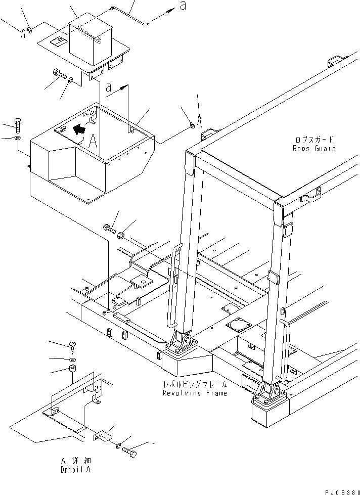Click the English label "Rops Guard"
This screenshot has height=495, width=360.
point(314,148)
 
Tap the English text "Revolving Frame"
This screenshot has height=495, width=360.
point(195,393)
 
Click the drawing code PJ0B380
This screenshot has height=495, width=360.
point(342,492)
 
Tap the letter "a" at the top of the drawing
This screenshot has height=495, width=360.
point(183,6)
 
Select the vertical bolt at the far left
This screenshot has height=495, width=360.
point(18,125)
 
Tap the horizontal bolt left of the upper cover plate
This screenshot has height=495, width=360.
point(59,73)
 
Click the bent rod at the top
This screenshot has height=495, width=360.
point(129,16)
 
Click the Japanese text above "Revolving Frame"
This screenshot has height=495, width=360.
point(195,384)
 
